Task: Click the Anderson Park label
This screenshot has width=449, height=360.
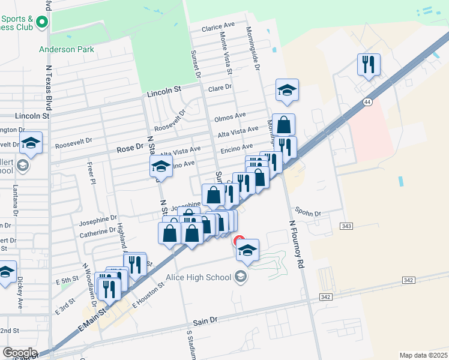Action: coord(67,49)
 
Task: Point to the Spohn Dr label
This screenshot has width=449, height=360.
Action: coord(308,213)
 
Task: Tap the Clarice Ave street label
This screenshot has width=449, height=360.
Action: coord(218,27)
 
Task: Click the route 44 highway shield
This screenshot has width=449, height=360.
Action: coord(367,103)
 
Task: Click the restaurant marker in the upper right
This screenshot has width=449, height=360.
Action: coord(367,64)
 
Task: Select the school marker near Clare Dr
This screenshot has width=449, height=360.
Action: coord(287,91)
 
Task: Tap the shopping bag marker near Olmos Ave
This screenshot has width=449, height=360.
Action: coord(283,125)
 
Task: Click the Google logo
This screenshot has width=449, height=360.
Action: coord(19,353)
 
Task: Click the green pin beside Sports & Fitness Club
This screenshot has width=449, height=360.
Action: coord(42,23)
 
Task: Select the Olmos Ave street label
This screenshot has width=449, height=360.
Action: coord(230,115)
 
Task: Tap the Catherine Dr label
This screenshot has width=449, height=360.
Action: coord(97,230)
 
